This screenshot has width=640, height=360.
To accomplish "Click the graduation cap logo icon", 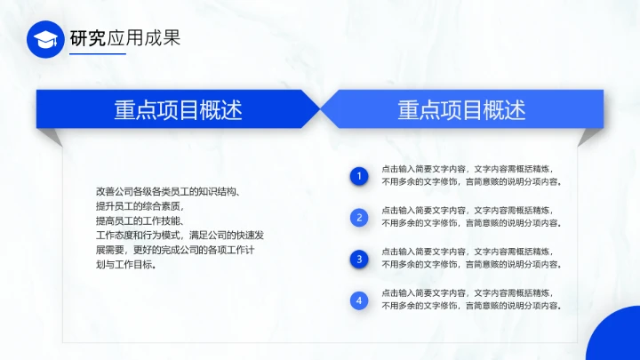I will pyautogui.click(x=45, y=39).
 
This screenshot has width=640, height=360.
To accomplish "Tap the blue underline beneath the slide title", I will pyautogui.click(x=97, y=55).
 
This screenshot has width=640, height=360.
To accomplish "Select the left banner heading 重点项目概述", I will pyautogui.click(x=178, y=109).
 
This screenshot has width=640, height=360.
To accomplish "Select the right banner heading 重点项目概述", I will pyautogui.click(x=461, y=109).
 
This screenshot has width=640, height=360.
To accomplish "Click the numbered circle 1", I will pyautogui.click(x=359, y=176).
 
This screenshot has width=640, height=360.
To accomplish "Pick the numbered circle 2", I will pyautogui.click(x=359, y=217).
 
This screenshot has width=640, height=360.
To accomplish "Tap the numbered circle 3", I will pyautogui.click(x=359, y=259).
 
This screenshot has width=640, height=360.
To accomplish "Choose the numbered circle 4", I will pyautogui.click(x=359, y=300).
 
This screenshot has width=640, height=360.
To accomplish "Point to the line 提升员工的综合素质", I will pyautogui.click(x=139, y=206).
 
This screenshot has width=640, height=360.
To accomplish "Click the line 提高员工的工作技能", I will pyautogui.click(x=139, y=220).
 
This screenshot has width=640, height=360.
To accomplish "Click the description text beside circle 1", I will pyautogui.click(x=470, y=175).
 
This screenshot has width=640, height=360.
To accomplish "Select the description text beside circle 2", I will pyautogui.click(x=470, y=217).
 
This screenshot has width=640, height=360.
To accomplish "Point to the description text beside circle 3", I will pyautogui.click(x=470, y=259).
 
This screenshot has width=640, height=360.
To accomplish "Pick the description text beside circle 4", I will pyautogui.click(x=470, y=300).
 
